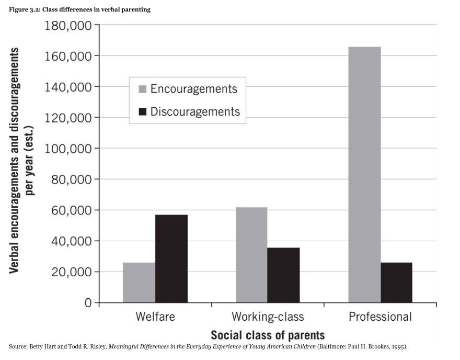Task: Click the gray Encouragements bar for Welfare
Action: pyautogui.click(x=139, y=283)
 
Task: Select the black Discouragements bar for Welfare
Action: pyautogui.click(x=171, y=258)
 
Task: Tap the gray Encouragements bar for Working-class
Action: pyautogui.click(x=251, y=255)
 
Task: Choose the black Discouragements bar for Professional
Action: pyautogui.click(x=397, y=283)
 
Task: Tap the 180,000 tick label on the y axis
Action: pyautogui.click(x=68, y=25)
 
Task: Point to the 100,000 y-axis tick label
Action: pyautogui.click(x=68, y=149)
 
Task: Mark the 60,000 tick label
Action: pyautogui.click(x=71, y=210)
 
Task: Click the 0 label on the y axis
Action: pyautogui.click(x=88, y=303)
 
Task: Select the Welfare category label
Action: pyautogui.click(x=155, y=317)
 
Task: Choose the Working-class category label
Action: pyautogui.click(x=268, y=317)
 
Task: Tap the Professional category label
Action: pyautogui.click(x=380, y=317)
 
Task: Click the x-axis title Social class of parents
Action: pyautogui.click(x=268, y=335)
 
